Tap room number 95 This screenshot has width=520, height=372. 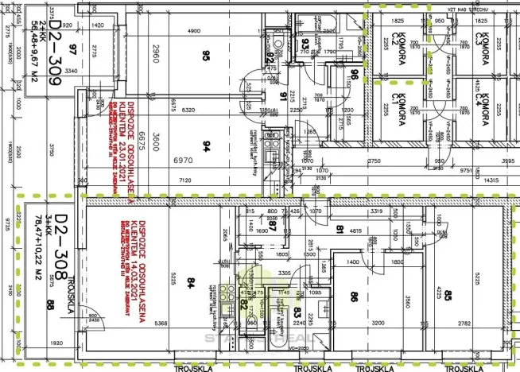(206, 56)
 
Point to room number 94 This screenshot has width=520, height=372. (206, 145)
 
